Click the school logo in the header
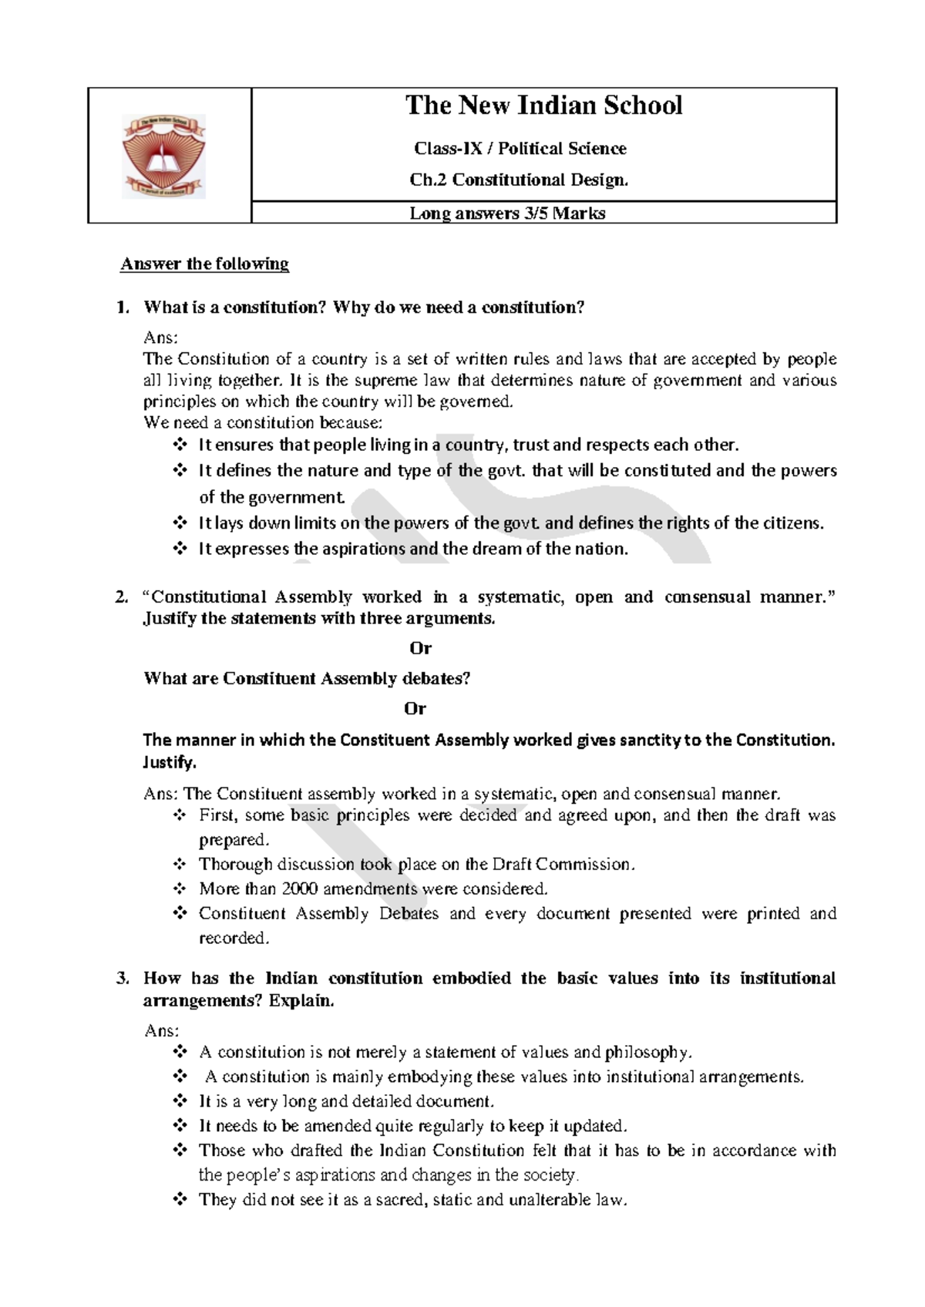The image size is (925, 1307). coord(163,157)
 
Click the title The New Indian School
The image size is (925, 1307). coord(543,106)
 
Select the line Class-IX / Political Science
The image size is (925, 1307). coord(520,148)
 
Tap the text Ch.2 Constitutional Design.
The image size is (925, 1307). coord(519,180)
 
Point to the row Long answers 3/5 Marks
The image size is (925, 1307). coord(507,213)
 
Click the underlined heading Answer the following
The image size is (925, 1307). coord(204,264)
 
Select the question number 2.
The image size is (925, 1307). coord(121,597)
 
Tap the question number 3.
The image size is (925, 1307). coord(121,979)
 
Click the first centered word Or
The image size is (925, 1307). coord(420,647)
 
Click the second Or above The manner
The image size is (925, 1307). coord(415,708)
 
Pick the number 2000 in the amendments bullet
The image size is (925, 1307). coord(300,889)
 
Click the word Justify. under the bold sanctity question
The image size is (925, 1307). coord(170,762)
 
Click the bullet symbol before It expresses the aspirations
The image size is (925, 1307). coord(180,549)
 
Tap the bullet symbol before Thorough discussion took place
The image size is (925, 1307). coord(180,865)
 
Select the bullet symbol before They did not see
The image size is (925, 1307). coord(180,1200)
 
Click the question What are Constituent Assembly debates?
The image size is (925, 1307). coord(307,679)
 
